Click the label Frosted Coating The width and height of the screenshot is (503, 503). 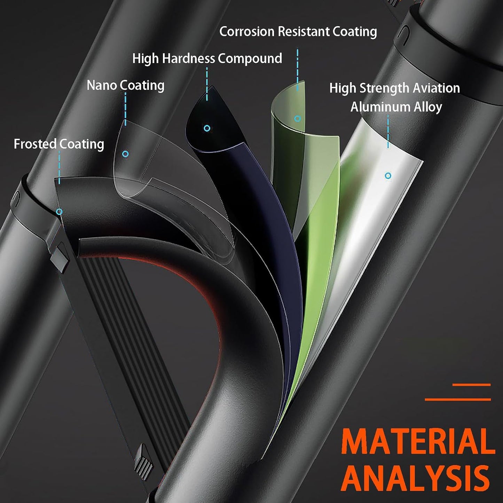click(x=59, y=144)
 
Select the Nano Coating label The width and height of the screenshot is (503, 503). click(x=126, y=85)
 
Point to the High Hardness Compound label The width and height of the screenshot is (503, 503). click(x=207, y=58)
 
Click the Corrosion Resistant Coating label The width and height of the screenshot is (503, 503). click(x=298, y=32)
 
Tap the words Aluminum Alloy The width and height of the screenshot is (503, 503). click(x=396, y=107)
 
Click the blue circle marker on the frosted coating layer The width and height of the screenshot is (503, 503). click(x=60, y=211)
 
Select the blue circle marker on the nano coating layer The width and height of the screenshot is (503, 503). click(x=126, y=154)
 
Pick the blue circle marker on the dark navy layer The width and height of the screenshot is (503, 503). click(x=207, y=128)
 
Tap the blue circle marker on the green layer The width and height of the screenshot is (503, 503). click(x=297, y=119)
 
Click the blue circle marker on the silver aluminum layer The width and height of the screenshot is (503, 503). click(x=388, y=176)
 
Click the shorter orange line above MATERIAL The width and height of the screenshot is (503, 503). click(x=471, y=385)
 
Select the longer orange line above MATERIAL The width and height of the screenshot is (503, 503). click(x=458, y=399)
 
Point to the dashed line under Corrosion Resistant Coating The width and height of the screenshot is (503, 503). click(x=297, y=70)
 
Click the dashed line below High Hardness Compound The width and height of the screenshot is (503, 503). click(x=207, y=84)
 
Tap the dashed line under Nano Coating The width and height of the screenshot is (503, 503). click(x=126, y=109)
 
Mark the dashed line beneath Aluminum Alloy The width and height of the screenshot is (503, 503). click(x=388, y=132)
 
